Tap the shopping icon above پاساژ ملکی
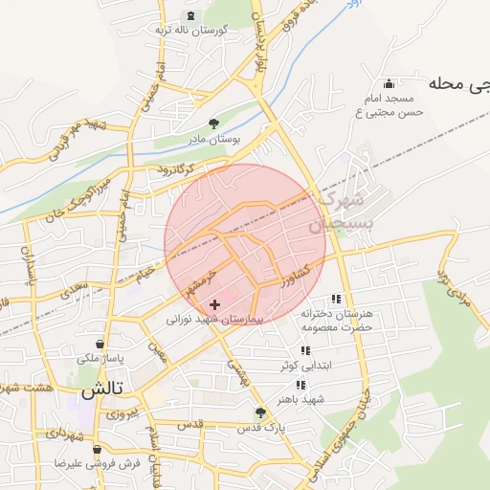[x=100, y=344]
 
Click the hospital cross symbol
[x=213, y=304]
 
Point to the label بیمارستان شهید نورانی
[x=220, y=319]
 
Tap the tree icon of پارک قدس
[x=260, y=412]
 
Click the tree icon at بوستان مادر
[x=213, y=123]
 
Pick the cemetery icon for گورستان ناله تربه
[x=191, y=15]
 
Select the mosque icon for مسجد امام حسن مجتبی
[x=388, y=83]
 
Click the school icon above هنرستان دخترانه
[x=335, y=300]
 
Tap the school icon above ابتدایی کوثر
[x=305, y=351]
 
